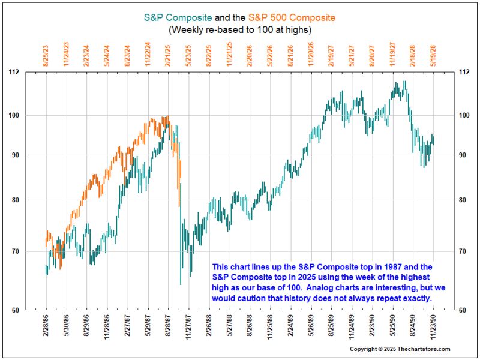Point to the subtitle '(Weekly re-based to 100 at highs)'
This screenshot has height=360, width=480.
239,29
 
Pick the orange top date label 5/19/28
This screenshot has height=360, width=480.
434,53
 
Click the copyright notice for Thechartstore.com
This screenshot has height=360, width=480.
400,349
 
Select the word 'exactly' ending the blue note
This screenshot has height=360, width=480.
415,299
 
